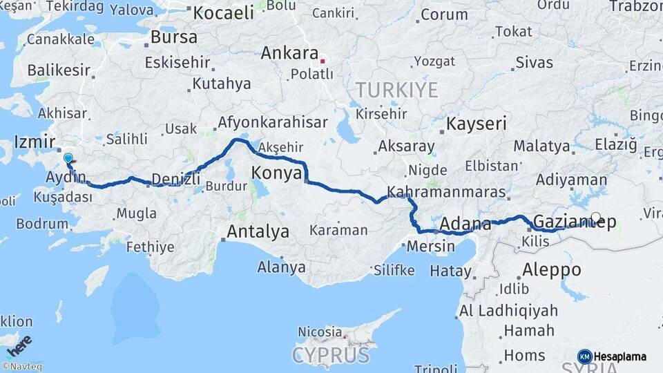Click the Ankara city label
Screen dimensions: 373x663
[x=289, y=54]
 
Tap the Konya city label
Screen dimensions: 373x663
[x=276, y=173]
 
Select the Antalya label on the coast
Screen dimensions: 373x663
[x=258, y=232]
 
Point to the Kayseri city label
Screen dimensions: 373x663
[x=477, y=124]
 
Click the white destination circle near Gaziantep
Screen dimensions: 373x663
[x=596, y=218]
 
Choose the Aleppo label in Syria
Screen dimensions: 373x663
[x=552, y=269]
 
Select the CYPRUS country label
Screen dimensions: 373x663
[x=330, y=355]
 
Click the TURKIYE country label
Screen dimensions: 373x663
[x=397, y=90]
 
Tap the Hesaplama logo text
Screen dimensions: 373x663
[x=620, y=356]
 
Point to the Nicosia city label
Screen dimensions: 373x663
[x=320, y=332]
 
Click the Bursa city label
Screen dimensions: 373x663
[x=173, y=37]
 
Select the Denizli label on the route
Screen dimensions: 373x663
[x=175, y=179]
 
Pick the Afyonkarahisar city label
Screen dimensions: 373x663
[x=273, y=122]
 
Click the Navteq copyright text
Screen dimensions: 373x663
[x=22, y=367]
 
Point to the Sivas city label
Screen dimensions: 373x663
[x=534, y=63]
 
